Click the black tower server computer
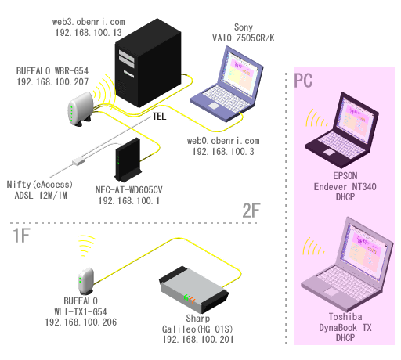[x=148, y=63]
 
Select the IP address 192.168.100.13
[x=89, y=33]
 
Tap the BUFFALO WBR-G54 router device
[x=81, y=109]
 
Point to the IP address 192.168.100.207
[x=52, y=82]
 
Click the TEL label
[x=159, y=117]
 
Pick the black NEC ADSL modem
[x=128, y=160]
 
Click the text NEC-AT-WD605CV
[x=128, y=189]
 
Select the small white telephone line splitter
[x=78, y=160]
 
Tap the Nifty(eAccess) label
[x=40, y=185]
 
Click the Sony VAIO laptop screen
[x=241, y=72]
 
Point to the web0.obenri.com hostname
[x=223, y=141]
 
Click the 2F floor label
[x=251, y=211]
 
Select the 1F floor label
[x=21, y=236]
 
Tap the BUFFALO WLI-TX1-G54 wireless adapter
[x=86, y=281]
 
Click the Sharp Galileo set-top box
[x=194, y=290]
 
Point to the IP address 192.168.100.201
[x=198, y=340]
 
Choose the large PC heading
[x=303, y=81]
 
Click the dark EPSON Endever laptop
[x=342, y=130]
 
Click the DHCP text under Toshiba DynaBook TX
[x=345, y=338]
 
